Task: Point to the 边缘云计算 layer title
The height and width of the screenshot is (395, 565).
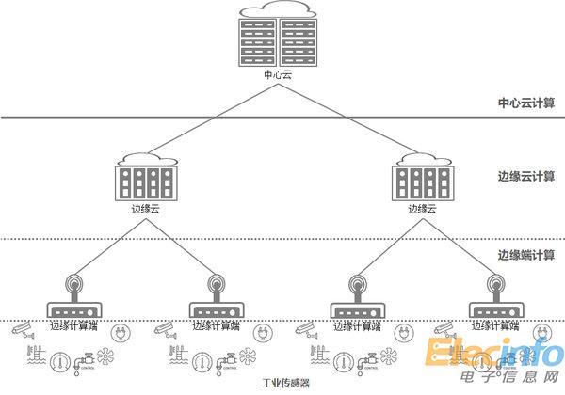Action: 526,176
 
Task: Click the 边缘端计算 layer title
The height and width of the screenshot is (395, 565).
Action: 526,255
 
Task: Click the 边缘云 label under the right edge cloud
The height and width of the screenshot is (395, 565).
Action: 420,209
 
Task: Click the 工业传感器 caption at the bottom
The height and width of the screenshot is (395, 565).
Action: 286,385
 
